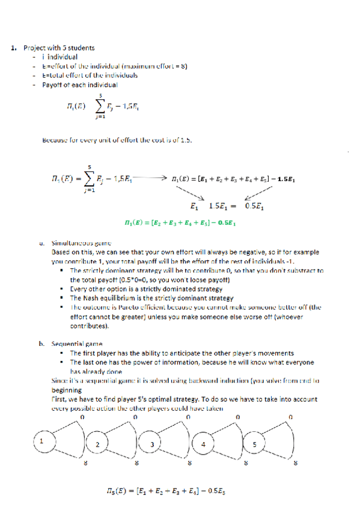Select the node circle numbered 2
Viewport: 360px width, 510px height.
click(x=97, y=443)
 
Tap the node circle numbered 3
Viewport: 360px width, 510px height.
click(x=151, y=444)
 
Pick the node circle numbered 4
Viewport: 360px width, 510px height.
click(x=203, y=444)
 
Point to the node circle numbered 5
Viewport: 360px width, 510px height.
click(x=254, y=444)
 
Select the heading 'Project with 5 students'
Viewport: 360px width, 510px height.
click(x=59, y=48)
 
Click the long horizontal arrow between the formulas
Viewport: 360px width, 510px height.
click(x=153, y=179)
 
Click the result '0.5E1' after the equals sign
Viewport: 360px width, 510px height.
click(x=258, y=206)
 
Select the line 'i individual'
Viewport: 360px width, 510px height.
click(x=59, y=57)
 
